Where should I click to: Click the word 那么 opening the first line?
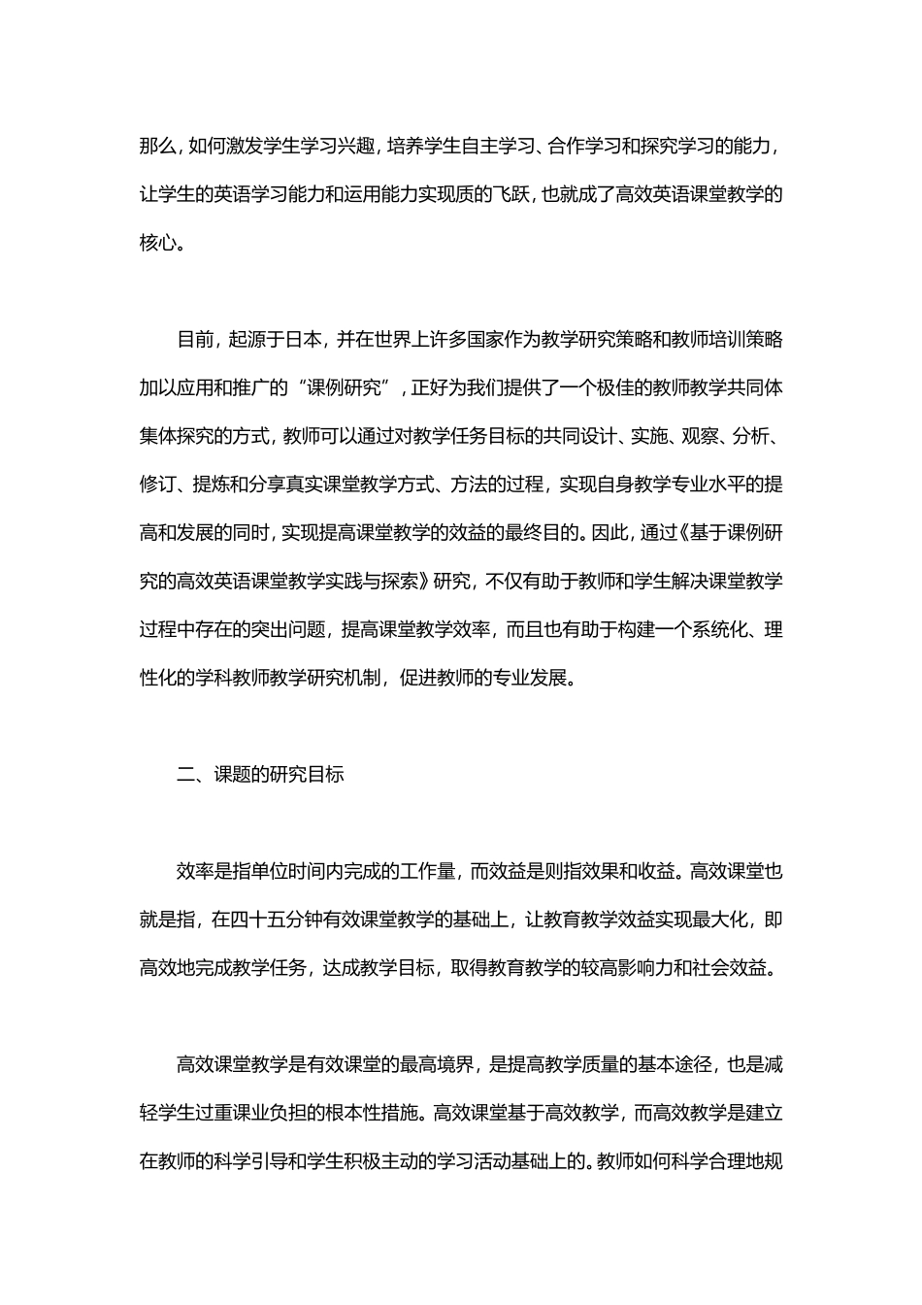[156, 146]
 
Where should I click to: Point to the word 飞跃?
[513, 194]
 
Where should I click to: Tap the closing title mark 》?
[422, 581]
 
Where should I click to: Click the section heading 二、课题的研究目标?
[260, 775]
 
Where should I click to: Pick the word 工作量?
[426, 872]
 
